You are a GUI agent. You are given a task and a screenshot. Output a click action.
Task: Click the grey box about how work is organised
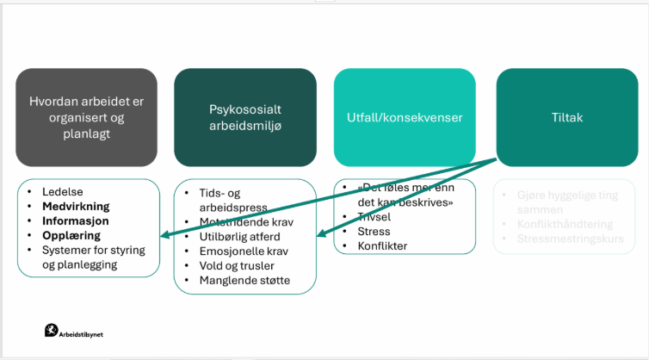coord(86,117)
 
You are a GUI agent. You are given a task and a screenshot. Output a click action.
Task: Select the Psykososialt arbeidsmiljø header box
coord(244,117)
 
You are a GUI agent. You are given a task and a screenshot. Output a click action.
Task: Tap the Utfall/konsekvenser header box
coord(405,117)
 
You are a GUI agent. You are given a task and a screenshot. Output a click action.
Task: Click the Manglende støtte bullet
coord(244,280)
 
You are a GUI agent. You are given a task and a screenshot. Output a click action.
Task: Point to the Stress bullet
coord(374,231)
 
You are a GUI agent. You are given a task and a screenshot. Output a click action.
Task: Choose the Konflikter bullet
coord(380,245)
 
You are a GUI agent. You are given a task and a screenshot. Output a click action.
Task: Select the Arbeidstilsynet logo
coord(77,330)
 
